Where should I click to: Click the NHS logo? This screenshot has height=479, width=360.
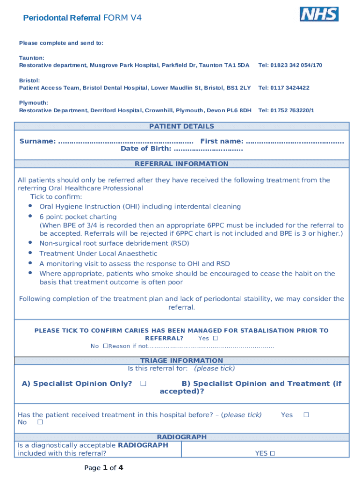[319, 14]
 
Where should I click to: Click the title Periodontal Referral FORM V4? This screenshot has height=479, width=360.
[82, 18]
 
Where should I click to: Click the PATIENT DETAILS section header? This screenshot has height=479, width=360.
[181, 126]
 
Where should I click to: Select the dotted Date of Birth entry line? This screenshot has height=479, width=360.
[208, 149]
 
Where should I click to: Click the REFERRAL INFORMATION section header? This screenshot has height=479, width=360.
[181, 164]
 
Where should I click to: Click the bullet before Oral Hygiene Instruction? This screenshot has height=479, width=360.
[30, 206]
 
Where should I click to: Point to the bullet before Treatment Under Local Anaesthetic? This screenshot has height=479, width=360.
[30, 253]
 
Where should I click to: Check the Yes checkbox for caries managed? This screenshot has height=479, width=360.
[216, 338]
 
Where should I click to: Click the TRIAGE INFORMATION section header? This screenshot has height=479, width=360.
[181, 361]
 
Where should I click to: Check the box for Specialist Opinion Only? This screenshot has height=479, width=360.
[143, 383]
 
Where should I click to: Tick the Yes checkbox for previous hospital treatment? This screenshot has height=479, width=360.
[306, 414]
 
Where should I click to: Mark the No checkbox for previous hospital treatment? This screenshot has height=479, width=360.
[40, 422]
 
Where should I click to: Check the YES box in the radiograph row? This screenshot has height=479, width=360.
[272, 453]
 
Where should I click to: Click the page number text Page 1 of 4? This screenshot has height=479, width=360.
[104, 468]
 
